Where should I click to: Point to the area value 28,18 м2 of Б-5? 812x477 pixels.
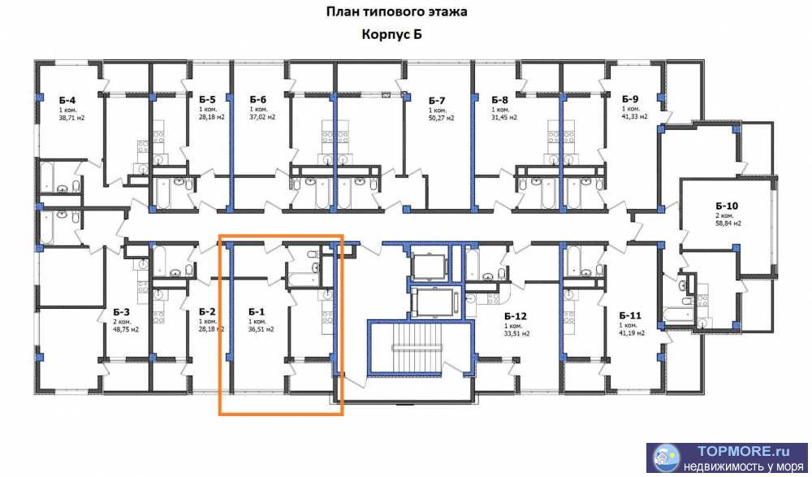click(x=211, y=117)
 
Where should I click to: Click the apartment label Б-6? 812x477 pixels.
click(x=258, y=100)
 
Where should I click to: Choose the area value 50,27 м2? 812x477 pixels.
click(x=441, y=118)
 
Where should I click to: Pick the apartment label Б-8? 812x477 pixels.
click(x=499, y=100)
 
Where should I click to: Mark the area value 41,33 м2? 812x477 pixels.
click(x=634, y=117)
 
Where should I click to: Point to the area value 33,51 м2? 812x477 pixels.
click(x=516, y=333)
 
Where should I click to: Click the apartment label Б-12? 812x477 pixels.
click(x=516, y=316)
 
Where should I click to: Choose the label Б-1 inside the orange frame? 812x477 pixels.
click(x=257, y=311)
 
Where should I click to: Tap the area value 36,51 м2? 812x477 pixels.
click(x=261, y=329)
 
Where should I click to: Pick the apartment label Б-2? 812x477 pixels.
click(x=207, y=311)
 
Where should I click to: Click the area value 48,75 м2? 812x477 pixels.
click(x=126, y=329)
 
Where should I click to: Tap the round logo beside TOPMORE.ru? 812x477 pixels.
click(x=666, y=458)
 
